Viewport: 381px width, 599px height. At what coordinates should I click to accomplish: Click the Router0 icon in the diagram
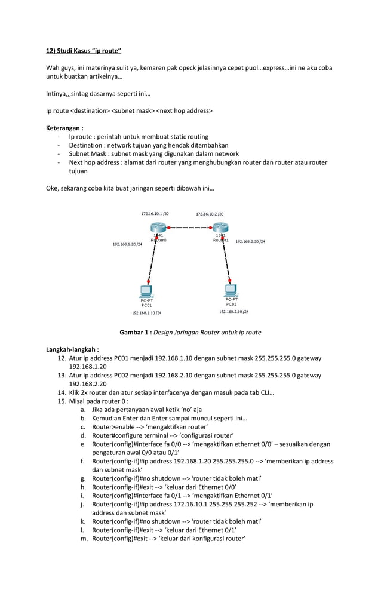158,228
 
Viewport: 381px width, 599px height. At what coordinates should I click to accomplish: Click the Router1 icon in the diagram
220,228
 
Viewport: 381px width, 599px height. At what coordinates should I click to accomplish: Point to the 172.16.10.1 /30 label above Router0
155,213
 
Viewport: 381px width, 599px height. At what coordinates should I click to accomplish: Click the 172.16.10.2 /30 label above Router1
210,214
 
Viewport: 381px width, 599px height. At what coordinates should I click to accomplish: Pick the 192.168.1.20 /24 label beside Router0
127,245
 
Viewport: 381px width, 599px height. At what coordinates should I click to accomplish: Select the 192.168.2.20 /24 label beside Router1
250,242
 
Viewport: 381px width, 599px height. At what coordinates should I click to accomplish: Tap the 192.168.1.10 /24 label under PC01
146,312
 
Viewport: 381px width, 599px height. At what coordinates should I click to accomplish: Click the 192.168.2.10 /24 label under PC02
233,312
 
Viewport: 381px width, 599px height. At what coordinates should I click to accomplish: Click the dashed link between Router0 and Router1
189,228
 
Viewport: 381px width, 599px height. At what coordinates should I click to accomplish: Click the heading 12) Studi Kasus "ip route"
84,50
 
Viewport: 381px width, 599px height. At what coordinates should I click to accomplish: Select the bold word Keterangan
64,128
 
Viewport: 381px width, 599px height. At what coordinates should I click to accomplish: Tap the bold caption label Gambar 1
135,333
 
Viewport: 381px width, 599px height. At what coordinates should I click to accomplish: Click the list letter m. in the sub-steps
83,538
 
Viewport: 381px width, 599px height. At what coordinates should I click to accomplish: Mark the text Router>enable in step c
112,427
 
